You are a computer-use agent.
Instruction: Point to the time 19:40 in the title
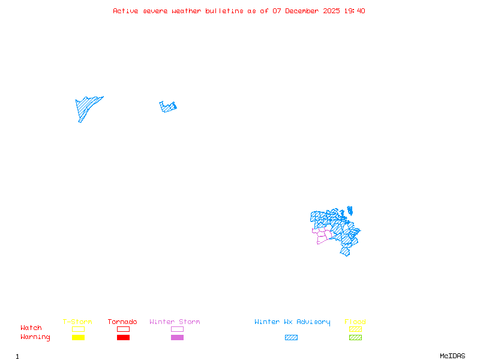tap(355, 11)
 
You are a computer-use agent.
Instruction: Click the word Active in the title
tap(125, 11)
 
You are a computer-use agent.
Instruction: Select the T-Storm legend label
tap(77, 322)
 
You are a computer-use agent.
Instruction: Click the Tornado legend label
tap(122, 322)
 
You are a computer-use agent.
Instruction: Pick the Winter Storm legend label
tap(175, 322)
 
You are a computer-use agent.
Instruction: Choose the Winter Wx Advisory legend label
tap(292, 322)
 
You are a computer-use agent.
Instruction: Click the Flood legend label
tap(355, 322)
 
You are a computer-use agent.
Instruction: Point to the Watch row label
tap(31, 328)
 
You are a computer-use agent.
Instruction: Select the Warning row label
tap(35, 337)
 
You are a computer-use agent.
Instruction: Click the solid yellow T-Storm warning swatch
tap(78, 338)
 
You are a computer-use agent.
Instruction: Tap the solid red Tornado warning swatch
tap(123, 338)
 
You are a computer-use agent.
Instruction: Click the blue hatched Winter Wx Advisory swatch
tap(291, 338)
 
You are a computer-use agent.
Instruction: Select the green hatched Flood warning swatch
tap(355, 338)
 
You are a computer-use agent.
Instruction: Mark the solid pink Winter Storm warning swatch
tap(177, 338)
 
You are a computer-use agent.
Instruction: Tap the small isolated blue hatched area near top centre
tap(167, 107)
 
